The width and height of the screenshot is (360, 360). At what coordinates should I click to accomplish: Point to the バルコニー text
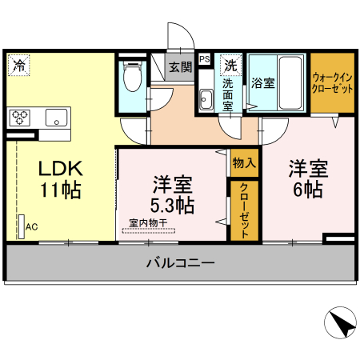point(179,262)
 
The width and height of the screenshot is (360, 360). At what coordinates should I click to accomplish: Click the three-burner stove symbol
point(20,118)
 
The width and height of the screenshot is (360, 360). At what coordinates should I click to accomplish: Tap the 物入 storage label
point(244,163)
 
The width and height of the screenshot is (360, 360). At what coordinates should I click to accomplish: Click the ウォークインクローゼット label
point(332,84)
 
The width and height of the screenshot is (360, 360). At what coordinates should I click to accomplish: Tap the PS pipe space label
point(204,58)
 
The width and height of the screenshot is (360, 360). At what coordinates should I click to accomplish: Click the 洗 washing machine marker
point(230,64)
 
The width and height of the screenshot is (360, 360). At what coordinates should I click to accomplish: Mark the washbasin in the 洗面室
point(206,99)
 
